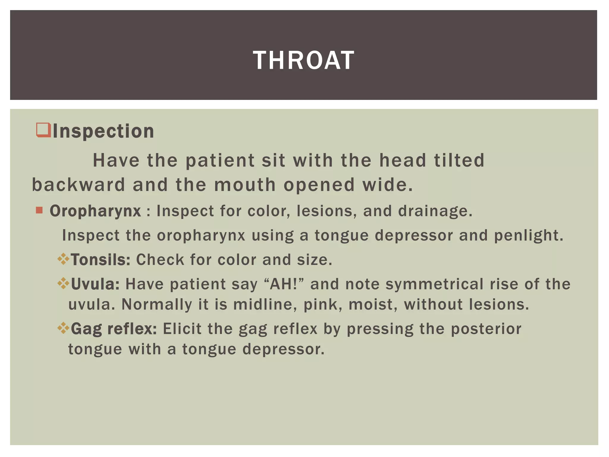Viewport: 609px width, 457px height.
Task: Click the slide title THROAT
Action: (x=304, y=60)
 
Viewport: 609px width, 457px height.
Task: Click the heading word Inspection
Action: (x=103, y=131)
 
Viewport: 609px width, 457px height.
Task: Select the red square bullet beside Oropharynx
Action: (x=39, y=210)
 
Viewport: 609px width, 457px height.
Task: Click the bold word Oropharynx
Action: (x=95, y=211)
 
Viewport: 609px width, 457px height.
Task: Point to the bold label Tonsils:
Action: (x=101, y=260)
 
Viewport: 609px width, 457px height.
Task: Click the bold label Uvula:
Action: (x=95, y=284)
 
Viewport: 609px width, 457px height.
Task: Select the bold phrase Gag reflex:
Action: (x=114, y=329)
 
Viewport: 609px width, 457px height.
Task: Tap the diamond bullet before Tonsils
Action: (x=63, y=259)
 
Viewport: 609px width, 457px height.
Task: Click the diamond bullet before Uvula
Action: (x=63, y=284)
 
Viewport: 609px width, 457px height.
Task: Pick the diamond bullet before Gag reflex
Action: (x=63, y=328)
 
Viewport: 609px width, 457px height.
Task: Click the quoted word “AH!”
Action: (x=284, y=284)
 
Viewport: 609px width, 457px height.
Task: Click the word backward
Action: (x=79, y=185)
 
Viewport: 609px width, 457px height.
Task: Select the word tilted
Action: (x=459, y=160)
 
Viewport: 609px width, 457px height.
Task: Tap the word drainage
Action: (x=435, y=211)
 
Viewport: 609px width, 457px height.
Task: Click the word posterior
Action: (x=486, y=329)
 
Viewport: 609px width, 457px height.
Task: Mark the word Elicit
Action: (x=182, y=329)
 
